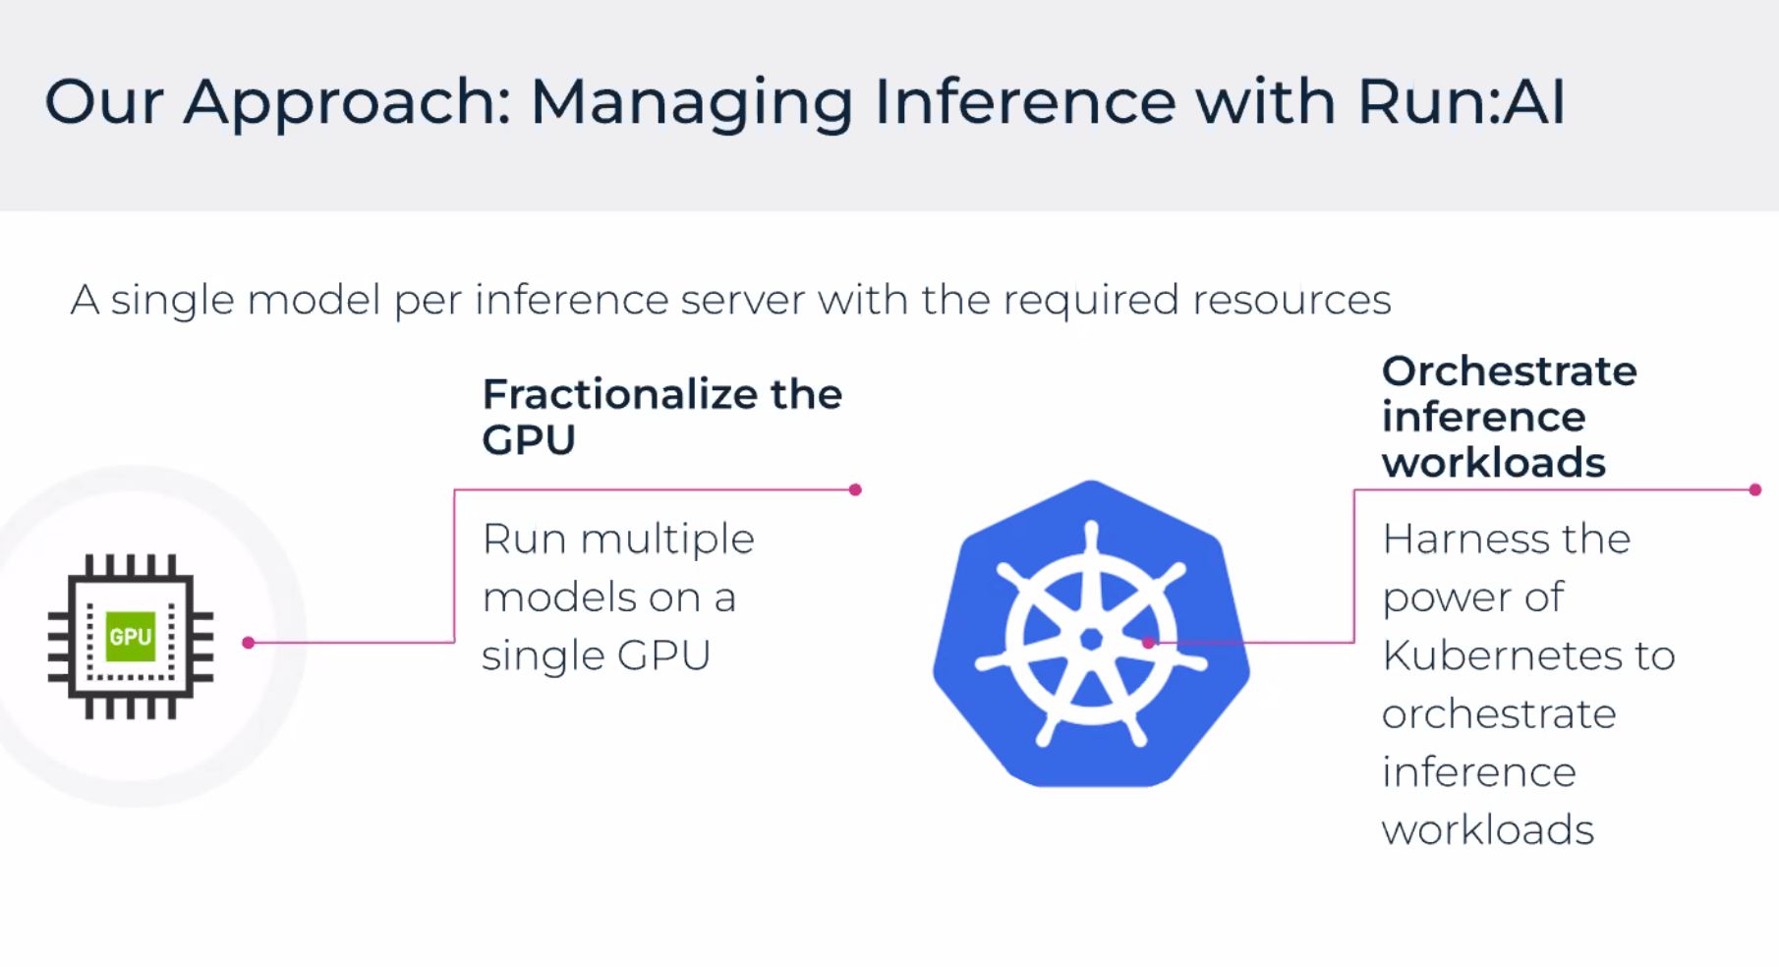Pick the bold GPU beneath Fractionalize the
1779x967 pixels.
529,440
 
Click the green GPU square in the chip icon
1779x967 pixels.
131,636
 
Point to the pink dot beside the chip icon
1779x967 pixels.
249,643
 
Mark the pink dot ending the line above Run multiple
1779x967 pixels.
855,489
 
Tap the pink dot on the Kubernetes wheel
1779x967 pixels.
1148,643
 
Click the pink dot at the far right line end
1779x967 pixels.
1755,489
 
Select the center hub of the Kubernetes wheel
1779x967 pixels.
1091,640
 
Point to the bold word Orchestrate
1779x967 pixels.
1510,371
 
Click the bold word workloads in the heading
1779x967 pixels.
1494,463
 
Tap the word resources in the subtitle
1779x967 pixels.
1291,300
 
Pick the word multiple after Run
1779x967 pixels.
667,540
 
